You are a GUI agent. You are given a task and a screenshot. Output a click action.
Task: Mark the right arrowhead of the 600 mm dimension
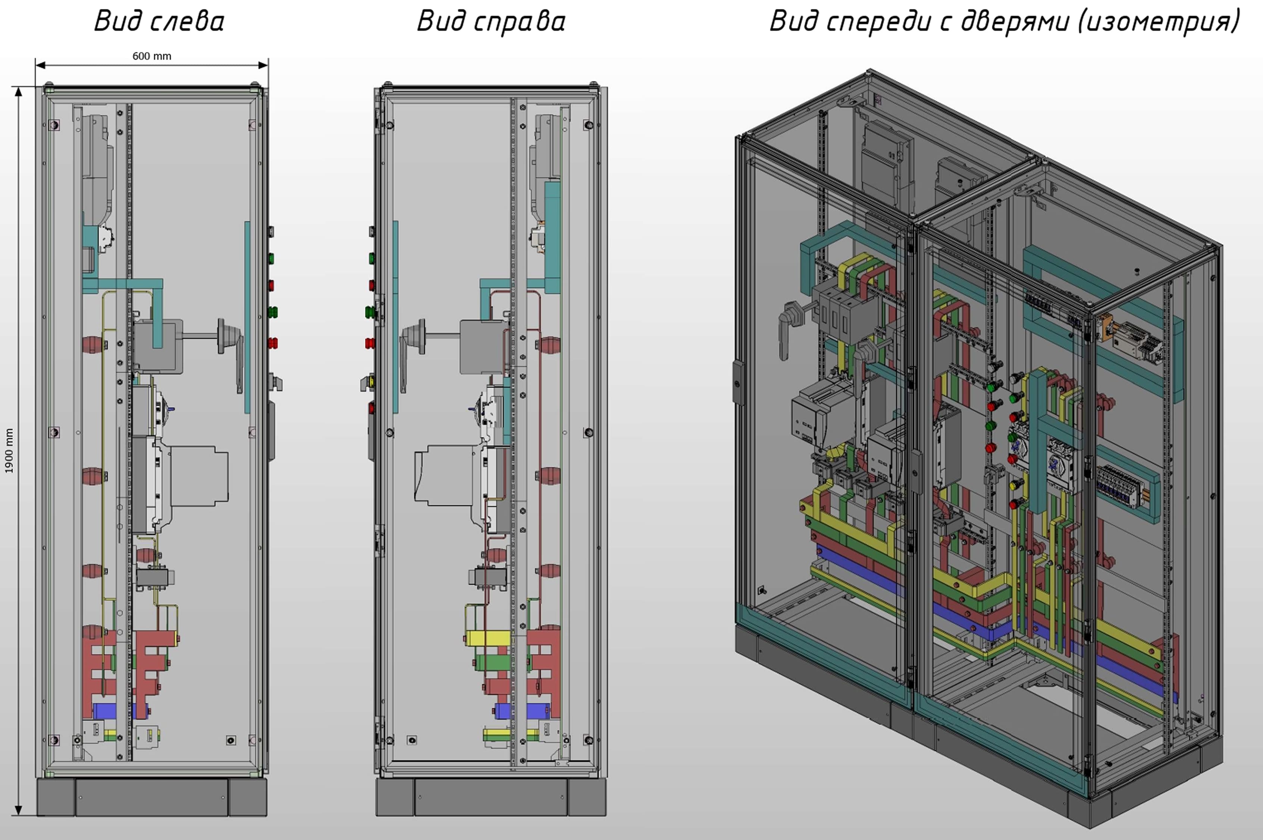[263, 65]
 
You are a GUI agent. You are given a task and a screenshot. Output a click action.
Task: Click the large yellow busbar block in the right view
[488, 638]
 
